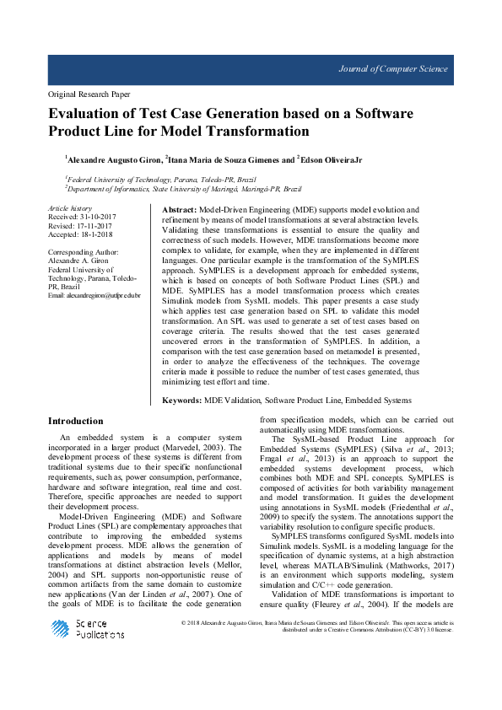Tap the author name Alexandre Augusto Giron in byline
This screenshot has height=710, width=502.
coord(114,159)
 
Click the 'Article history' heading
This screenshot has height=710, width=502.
coord(69,207)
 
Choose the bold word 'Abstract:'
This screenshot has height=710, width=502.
coord(179,208)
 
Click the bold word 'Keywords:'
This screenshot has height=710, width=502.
coord(181,401)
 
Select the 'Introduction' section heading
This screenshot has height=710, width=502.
coord(76,421)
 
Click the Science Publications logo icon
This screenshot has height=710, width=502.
coord(61,628)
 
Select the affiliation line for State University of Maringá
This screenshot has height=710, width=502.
coord(184,190)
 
